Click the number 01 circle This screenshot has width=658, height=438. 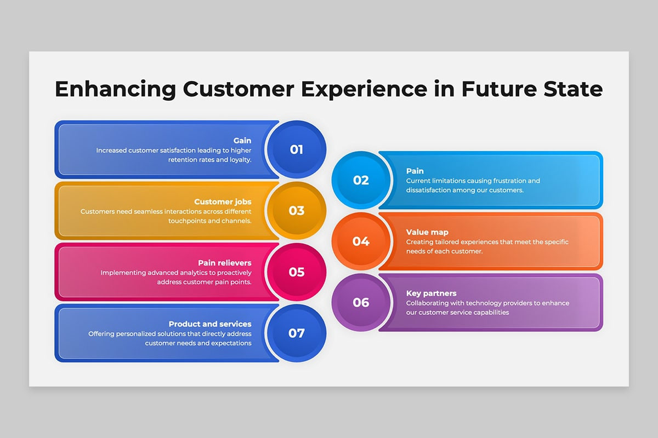point(296,149)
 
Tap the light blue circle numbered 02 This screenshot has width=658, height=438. point(361,180)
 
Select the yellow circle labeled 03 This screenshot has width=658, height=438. point(296,211)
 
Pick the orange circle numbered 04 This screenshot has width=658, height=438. point(361,241)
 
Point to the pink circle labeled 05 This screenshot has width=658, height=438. point(296,272)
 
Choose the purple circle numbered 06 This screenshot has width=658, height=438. point(361,303)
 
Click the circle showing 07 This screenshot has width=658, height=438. point(296,333)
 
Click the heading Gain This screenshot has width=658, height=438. point(242,141)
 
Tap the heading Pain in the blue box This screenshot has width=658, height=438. point(415,171)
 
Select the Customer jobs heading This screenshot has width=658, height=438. point(223,202)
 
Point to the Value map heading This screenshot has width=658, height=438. point(427,233)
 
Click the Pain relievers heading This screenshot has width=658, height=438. point(224,263)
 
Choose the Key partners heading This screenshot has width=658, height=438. point(431,294)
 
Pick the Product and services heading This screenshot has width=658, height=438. point(210,324)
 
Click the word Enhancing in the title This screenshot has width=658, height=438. point(115,89)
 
